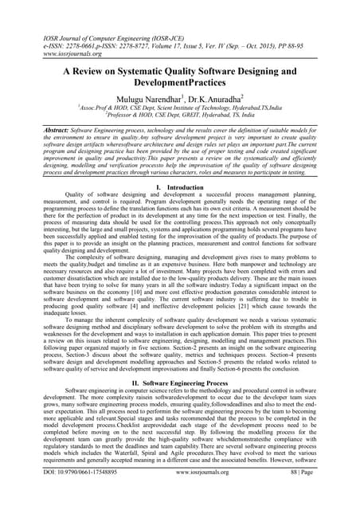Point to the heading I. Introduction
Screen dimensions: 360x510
pos(180,186)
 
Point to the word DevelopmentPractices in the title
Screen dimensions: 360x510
pos(181,84)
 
